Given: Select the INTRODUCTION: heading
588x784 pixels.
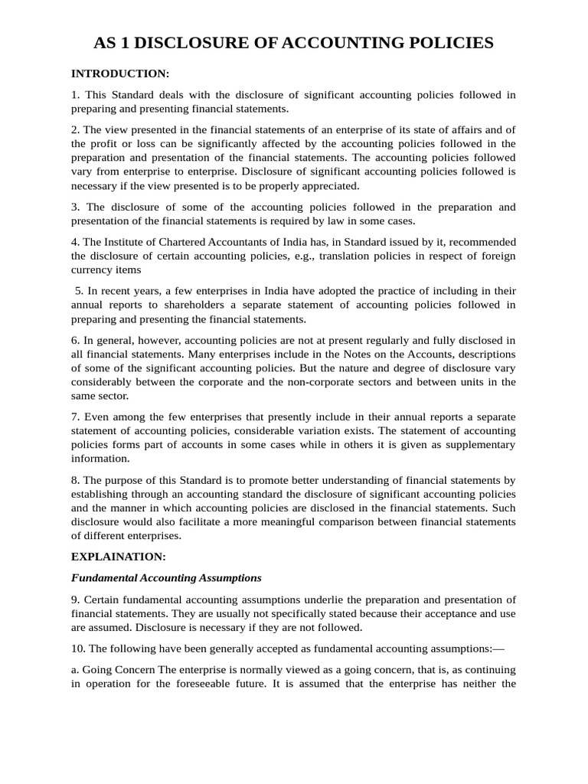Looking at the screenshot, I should click(119, 73).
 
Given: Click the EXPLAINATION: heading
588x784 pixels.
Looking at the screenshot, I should click(118, 556).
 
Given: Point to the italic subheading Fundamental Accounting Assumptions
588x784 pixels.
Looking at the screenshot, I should click(166, 577).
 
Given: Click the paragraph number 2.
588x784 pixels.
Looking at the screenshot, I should click(75, 129).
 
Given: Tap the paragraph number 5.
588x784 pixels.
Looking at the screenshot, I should click(80, 291).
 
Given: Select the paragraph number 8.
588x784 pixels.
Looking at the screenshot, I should click(75, 480).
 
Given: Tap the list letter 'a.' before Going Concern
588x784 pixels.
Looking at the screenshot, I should click(75, 669).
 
